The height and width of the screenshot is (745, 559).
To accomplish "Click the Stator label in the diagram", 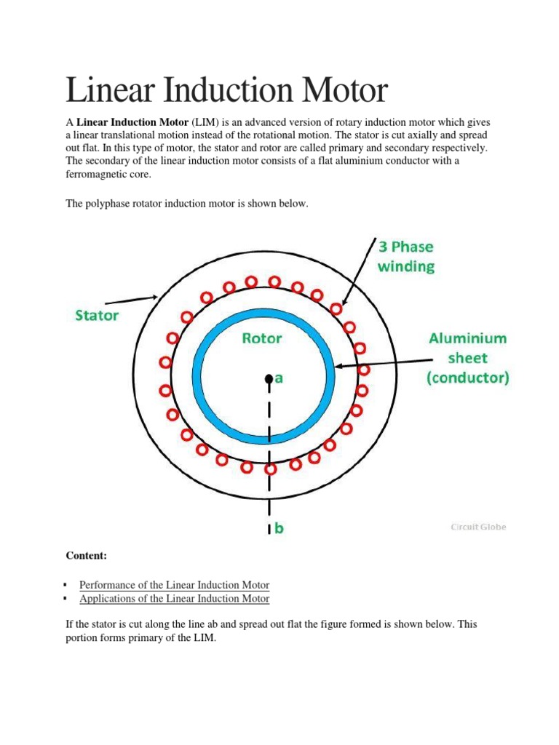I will pyautogui.click(x=96, y=316).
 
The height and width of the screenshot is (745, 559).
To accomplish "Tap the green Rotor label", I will pyautogui.click(x=261, y=338).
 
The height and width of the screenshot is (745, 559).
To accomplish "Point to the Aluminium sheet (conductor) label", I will pyautogui.click(x=469, y=358).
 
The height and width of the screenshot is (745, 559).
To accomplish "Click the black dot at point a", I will pyautogui.click(x=269, y=378).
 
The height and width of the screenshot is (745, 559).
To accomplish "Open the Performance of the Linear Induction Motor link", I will pyautogui.click(x=174, y=585).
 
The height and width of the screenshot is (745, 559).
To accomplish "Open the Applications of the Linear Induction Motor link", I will pyautogui.click(x=174, y=599).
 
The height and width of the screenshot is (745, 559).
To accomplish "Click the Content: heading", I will pyautogui.click(x=87, y=556).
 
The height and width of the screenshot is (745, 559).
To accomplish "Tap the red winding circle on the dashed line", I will pyautogui.click(x=270, y=469).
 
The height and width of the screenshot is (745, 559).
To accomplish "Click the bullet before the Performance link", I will pyautogui.click(x=66, y=585).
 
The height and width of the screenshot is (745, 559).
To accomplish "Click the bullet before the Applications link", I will pyautogui.click(x=66, y=599).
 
